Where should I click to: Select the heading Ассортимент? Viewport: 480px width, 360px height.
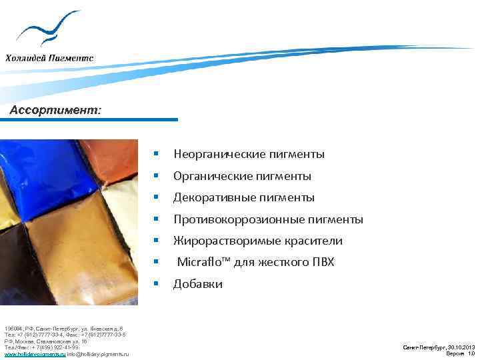[55, 111]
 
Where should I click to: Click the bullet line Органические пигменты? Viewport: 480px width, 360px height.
[242, 177]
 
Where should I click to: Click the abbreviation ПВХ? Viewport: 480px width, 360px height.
[319, 262]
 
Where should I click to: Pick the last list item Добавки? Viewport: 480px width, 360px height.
[197, 284]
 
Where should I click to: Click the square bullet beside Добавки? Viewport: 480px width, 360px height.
[155, 283]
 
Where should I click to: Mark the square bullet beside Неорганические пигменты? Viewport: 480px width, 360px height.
[155, 154]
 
